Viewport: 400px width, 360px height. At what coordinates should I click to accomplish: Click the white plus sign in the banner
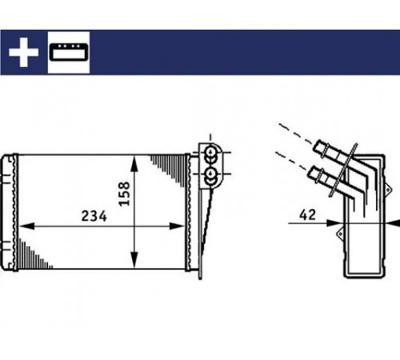click(23, 52)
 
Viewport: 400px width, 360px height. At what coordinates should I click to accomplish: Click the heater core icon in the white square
click(69, 52)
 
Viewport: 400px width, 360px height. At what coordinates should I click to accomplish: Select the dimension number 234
click(94, 216)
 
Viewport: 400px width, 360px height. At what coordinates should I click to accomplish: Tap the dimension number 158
click(124, 194)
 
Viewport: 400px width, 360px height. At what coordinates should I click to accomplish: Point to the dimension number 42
click(308, 214)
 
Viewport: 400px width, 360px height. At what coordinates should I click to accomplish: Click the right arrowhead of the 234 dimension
click(177, 226)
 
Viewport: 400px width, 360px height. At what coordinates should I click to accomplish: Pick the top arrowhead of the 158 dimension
click(134, 163)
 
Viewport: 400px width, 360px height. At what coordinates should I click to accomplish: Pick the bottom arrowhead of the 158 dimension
click(134, 260)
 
